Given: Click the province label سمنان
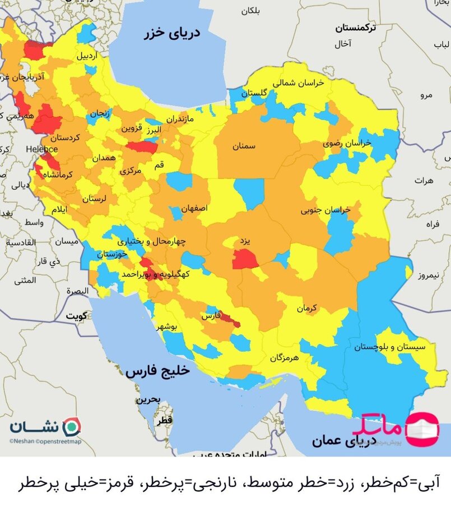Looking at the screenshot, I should tap(244, 146).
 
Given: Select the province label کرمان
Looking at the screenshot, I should tap(307, 308).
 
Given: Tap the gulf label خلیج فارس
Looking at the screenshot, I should tap(158, 371).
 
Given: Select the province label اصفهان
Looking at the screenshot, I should tap(194, 208).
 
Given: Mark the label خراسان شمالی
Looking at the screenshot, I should tap(299, 82).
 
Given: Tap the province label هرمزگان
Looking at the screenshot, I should tap(284, 357).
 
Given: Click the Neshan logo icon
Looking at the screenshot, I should tap(72, 426).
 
